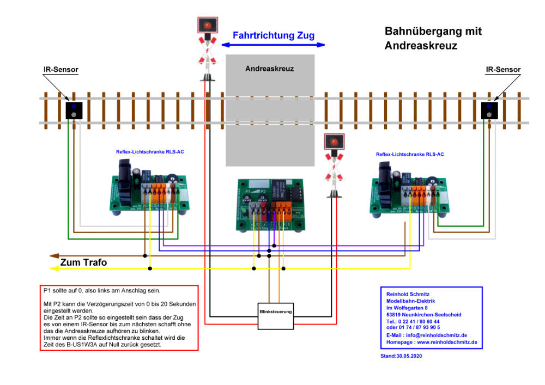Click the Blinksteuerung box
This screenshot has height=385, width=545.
(x=275, y=315)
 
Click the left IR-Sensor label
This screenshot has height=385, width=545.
(x=60, y=70)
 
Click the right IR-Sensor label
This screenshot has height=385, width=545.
(x=502, y=70)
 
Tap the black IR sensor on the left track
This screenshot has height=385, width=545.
(x=74, y=110)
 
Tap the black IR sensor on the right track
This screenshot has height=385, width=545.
(x=489, y=110)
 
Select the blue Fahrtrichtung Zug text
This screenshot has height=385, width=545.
(x=273, y=36)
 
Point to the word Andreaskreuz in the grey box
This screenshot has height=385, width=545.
(x=269, y=69)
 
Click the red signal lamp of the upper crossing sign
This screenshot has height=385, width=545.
(x=207, y=26)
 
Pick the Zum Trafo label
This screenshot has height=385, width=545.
(x=83, y=262)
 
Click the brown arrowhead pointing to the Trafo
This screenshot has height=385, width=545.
(x=53, y=255)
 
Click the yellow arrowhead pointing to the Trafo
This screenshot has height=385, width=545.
(x=53, y=268)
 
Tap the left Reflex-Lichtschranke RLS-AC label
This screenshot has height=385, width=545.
(x=149, y=152)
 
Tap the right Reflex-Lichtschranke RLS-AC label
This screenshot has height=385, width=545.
(x=410, y=155)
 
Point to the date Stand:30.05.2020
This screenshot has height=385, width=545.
(x=401, y=356)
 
